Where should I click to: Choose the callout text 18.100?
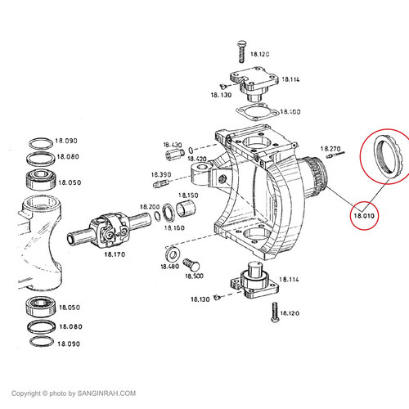coord(290,111)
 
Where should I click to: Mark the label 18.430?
coord(173,144)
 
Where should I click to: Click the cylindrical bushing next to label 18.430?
coord(173,154)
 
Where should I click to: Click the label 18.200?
coord(149,206)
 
